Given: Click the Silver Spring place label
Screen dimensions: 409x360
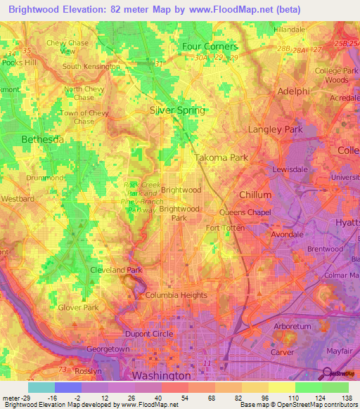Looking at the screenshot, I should (177, 110).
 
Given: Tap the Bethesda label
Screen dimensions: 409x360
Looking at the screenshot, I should (43, 139).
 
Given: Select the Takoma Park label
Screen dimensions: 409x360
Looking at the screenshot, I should (221, 158).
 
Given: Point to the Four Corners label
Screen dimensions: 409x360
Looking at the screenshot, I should (210, 46).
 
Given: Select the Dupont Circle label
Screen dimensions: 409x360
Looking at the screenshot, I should (148, 333).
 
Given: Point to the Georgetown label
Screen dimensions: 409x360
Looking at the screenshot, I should (108, 349).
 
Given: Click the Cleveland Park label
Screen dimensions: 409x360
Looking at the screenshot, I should (116, 269).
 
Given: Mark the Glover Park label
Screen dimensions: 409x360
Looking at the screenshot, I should (78, 307).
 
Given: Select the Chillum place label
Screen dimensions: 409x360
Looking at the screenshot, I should (255, 194).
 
